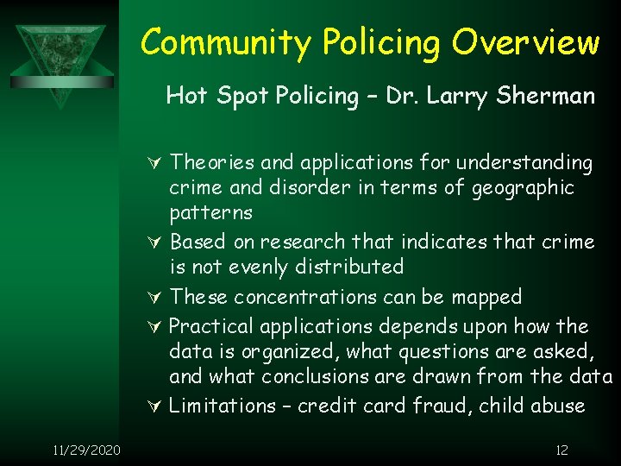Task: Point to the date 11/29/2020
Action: (86, 450)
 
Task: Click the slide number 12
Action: (561, 450)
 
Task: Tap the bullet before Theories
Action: (156, 163)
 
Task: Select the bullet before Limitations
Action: (156, 406)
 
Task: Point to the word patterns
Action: (210, 213)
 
